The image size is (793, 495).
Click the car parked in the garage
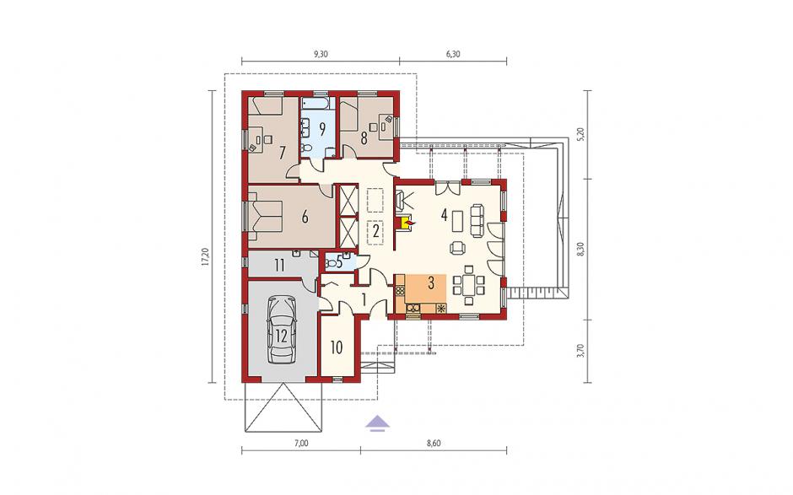tap(282, 330)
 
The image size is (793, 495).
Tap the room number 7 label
tap(282, 152)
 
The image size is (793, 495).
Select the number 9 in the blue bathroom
tap(321, 128)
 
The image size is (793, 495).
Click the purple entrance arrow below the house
tap(378, 422)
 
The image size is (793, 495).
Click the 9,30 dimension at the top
tap(321, 54)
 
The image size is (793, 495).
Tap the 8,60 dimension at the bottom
tap(434, 444)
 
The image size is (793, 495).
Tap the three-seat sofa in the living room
tap(477, 219)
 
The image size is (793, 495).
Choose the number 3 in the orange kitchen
tap(431, 282)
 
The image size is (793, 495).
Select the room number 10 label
tap(337, 347)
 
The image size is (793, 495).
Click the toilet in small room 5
tap(332, 263)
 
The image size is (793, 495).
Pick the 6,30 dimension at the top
tap(453, 54)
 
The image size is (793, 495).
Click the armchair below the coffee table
tap(458, 247)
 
